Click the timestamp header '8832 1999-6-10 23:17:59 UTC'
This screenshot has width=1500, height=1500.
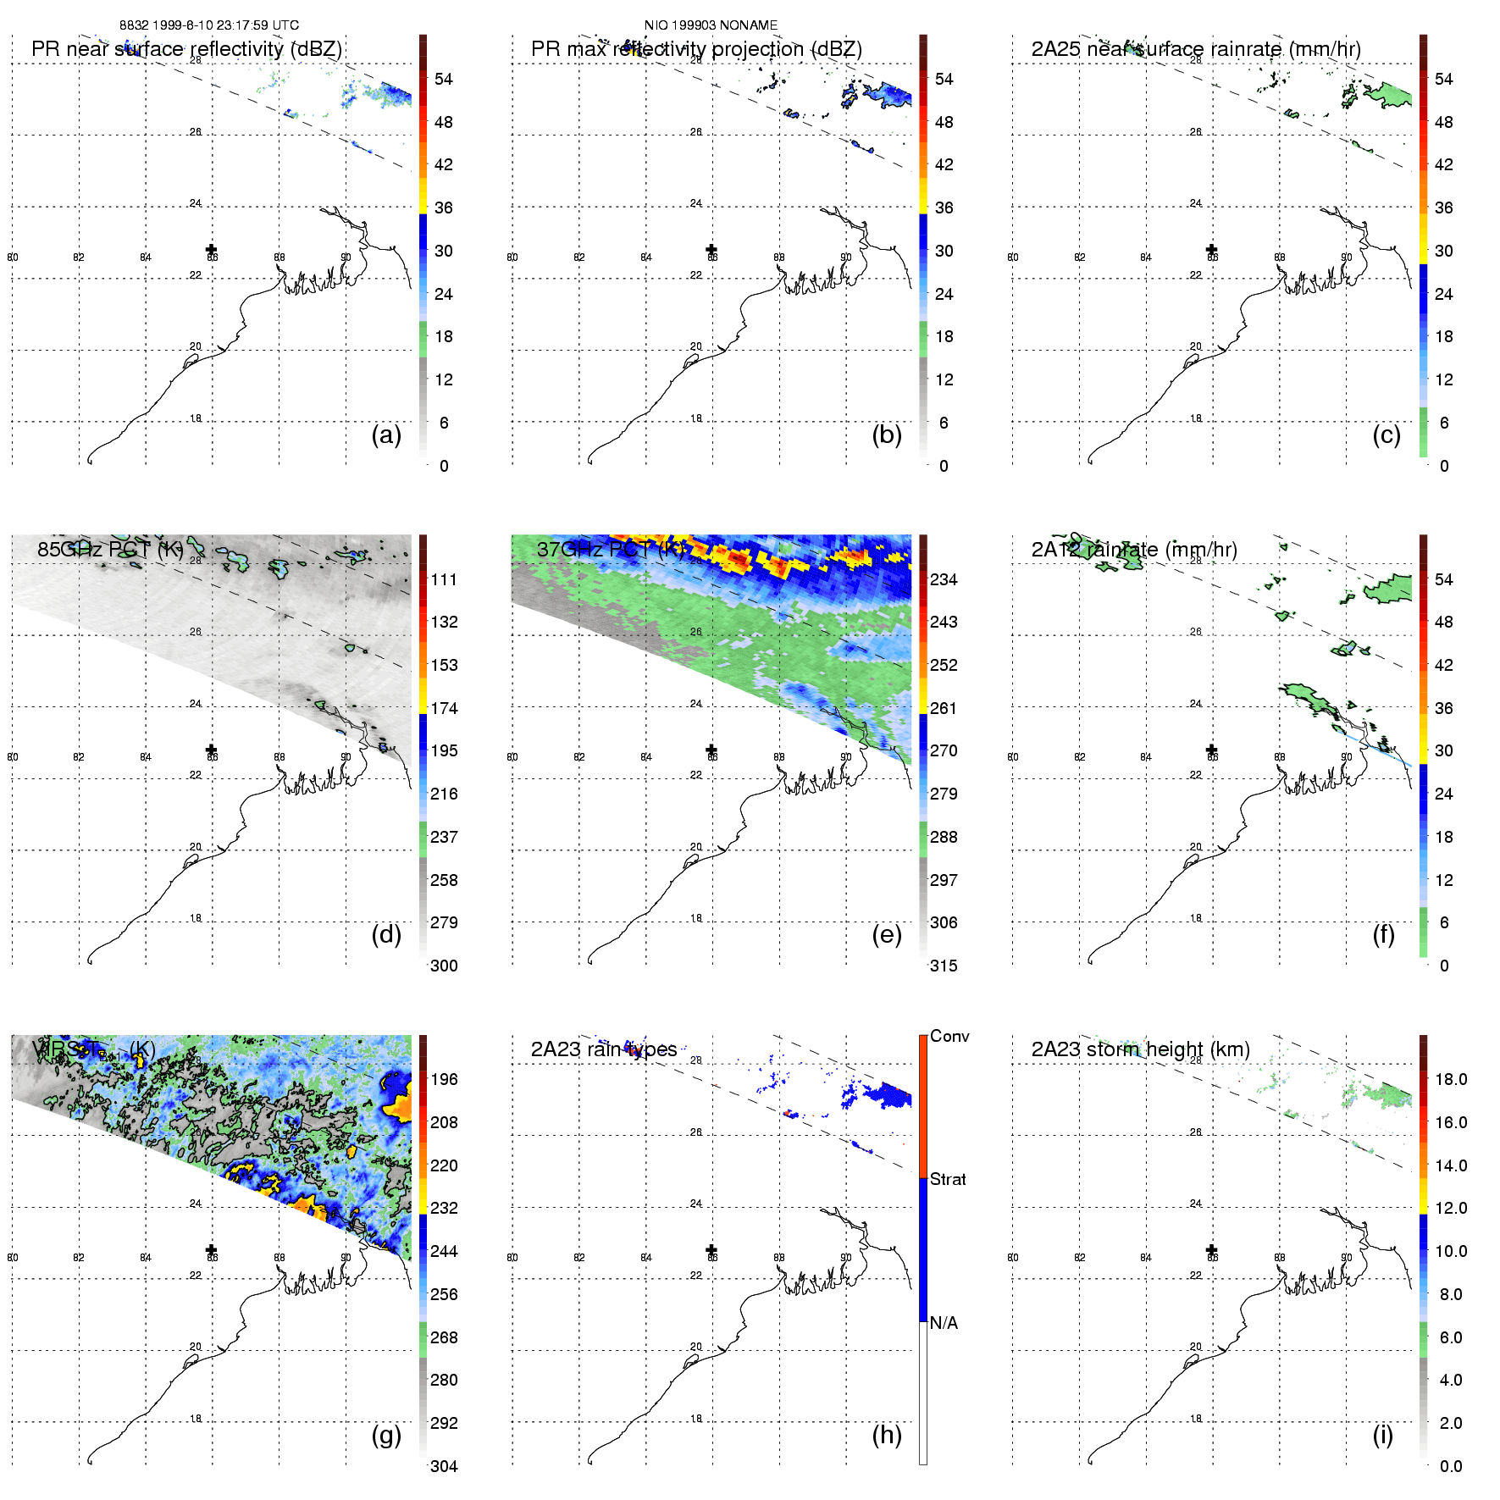[x=208, y=25]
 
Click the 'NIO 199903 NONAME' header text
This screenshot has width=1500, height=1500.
[x=711, y=25]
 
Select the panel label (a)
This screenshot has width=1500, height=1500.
[x=386, y=435]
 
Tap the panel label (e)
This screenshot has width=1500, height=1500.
[x=886, y=934]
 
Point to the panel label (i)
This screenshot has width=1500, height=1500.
[x=1382, y=1435]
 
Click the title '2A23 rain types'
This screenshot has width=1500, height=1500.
[x=603, y=1049]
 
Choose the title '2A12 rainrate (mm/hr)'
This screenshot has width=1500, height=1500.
[x=1134, y=550]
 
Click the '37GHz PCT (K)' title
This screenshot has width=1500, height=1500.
[x=610, y=550]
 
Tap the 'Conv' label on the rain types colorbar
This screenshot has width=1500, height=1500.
[x=949, y=1036]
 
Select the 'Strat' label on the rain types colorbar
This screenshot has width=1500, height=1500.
[x=948, y=1179]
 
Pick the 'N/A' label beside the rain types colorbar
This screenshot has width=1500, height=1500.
[x=944, y=1323]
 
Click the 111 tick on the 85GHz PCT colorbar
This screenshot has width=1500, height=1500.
[x=444, y=579]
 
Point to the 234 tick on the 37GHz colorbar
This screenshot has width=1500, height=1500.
[x=944, y=579]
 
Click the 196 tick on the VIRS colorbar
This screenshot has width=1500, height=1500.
[x=444, y=1079]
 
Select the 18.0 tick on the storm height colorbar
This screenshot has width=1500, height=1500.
[x=1450, y=1079]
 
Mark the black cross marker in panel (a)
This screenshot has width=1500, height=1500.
[x=212, y=249]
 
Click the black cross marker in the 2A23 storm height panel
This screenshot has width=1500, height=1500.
[x=1212, y=1249]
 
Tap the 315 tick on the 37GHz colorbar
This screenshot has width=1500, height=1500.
[x=944, y=966]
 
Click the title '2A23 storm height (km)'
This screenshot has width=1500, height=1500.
[x=1140, y=1049]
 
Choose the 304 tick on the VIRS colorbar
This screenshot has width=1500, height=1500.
[x=444, y=1466]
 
